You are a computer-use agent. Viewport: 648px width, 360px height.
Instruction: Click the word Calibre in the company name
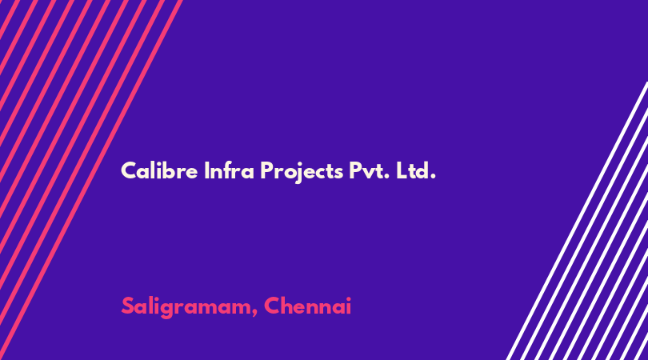coord(159,170)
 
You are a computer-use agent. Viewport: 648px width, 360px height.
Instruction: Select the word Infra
coord(229,170)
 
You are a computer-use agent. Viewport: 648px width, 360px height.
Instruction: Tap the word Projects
coord(302,172)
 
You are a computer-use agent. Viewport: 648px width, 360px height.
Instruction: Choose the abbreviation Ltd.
coord(416,170)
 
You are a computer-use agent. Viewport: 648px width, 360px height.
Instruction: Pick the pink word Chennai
coord(307,306)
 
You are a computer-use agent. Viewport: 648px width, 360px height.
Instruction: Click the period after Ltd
coord(433,177)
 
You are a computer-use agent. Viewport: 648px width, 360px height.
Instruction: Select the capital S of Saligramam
coord(128,306)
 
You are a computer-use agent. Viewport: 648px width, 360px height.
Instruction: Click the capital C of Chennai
coord(272,306)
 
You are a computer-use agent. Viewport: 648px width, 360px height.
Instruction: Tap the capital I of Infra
coord(206,170)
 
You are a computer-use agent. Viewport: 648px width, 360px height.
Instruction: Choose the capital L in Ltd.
coord(402,170)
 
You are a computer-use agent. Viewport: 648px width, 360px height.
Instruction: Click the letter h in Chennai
coord(290,306)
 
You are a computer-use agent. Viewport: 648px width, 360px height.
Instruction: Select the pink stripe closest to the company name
coord(91,180)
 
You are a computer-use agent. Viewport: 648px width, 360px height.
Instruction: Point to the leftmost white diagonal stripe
coord(577,221)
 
